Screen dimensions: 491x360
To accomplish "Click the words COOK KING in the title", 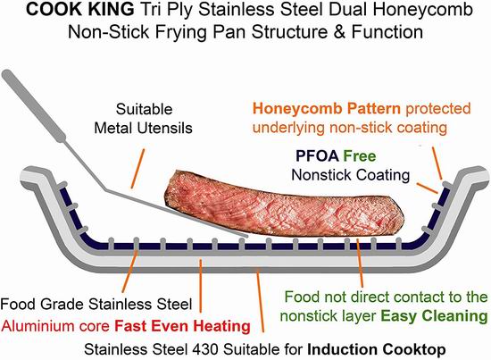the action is point(79,10).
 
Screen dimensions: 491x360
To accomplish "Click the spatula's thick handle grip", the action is point(34,105).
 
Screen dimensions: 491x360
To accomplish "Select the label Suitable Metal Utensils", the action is point(144,119).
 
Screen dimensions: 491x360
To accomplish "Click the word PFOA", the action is point(317,155).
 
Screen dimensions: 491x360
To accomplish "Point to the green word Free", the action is point(360,155).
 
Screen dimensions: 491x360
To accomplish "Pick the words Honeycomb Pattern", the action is point(326,108).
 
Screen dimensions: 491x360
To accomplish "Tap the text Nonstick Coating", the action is point(351,175).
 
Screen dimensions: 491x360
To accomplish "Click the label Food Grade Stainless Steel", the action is point(96,304).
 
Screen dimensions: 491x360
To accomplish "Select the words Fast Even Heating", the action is point(182,326).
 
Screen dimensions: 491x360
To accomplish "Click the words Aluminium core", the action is point(55,326).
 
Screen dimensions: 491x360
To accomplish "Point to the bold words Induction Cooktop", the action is point(377,349).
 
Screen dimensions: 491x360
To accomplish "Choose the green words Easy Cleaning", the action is point(435,316).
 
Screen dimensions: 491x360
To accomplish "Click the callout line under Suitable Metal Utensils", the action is point(137,169).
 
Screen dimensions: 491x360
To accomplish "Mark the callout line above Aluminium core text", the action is point(200,286).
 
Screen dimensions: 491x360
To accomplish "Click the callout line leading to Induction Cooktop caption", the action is point(260,300).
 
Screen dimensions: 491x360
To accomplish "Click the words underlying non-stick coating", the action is point(350,128).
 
